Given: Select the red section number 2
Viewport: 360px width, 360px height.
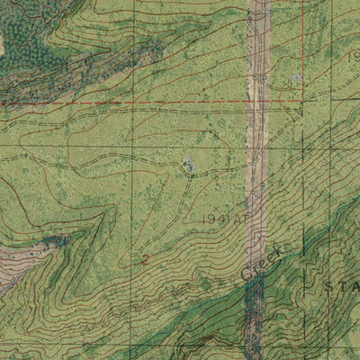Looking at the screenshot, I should click(145, 259).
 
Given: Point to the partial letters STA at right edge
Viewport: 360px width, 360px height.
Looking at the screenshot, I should click(342, 285).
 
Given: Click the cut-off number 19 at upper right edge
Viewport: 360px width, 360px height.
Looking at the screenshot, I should click(354, 56).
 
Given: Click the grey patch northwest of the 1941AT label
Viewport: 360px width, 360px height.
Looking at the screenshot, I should click(188, 163).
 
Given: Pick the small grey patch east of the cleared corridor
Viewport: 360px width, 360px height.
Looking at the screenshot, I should click(296, 79).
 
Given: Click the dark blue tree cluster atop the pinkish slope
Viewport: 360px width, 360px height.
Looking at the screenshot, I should click(54, 240).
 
